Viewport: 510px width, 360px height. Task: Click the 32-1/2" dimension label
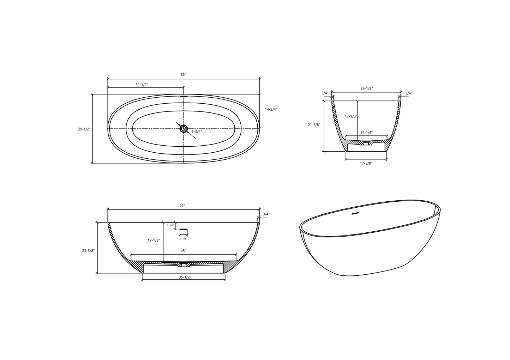[x=142, y=85]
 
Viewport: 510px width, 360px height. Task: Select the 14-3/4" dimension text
[x=271, y=109]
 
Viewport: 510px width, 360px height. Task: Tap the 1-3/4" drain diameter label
[x=197, y=132]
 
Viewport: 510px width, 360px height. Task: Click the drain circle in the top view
[x=184, y=128]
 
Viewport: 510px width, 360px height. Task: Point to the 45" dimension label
[x=183, y=251]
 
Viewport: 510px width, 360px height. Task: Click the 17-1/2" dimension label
[x=366, y=133]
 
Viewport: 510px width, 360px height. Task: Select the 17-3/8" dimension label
[x=366, y=163]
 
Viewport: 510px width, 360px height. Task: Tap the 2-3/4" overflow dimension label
[x=171, y=225]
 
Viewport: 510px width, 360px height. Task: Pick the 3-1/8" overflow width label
[x=184, y=239]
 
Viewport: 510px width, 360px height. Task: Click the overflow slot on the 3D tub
[x=355, y=213]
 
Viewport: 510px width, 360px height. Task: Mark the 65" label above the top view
[x=183, y=74]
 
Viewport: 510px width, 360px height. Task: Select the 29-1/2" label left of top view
[x=84, y=129]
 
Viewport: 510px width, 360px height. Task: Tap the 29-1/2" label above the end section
[x=366, y=89]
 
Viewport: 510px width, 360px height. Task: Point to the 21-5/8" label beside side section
[x=88, y=251]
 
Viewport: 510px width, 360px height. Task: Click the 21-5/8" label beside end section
[x=314, y=125]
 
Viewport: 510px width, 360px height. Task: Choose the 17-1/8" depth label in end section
[x=351, y=116]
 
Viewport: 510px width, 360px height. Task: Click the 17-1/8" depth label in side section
[x=154, y=240]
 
